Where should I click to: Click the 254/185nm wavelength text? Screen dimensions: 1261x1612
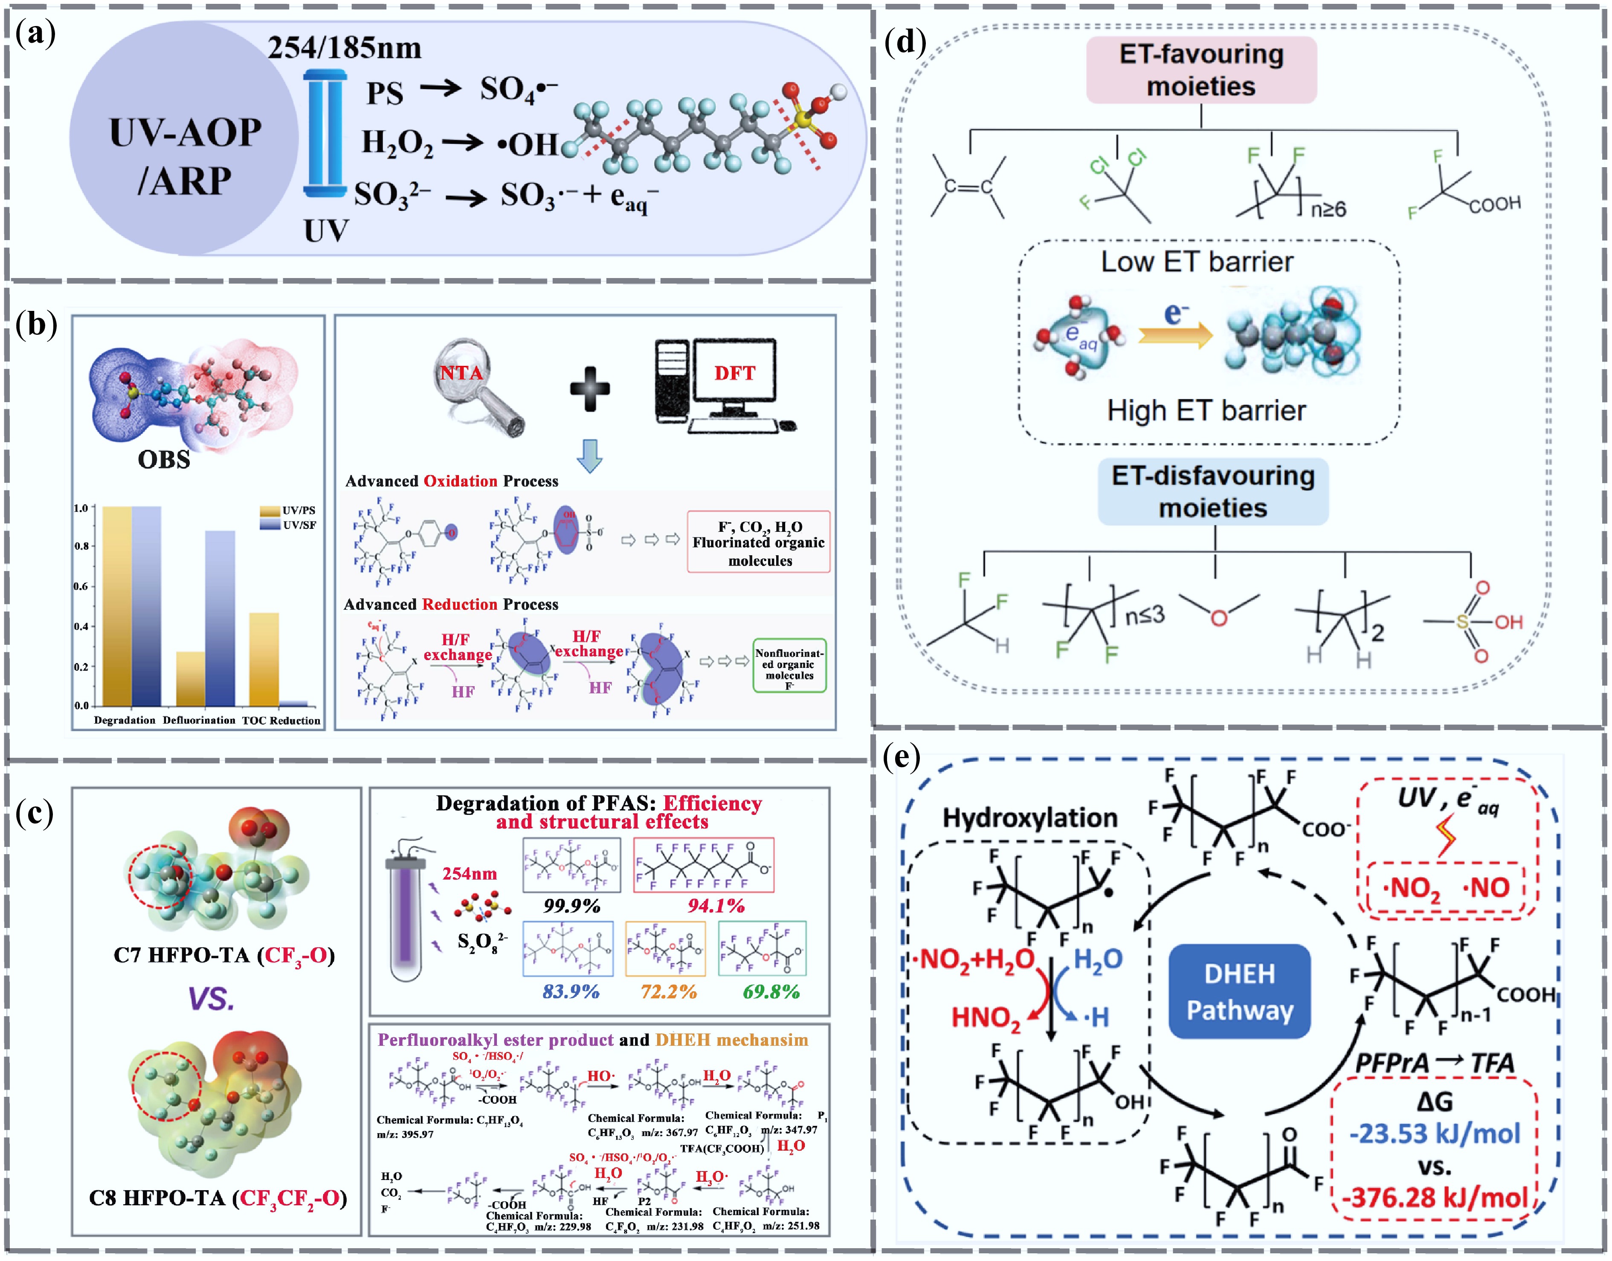coord(344,49)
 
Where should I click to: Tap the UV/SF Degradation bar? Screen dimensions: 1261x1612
coord(146,606)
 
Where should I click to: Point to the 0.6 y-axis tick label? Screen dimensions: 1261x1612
coord(81,586)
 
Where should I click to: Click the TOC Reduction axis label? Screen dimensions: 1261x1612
coord(281,721)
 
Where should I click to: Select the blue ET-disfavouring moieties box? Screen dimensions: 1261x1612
coord(1213,492)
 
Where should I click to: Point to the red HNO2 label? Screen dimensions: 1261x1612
coord(986,1018)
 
